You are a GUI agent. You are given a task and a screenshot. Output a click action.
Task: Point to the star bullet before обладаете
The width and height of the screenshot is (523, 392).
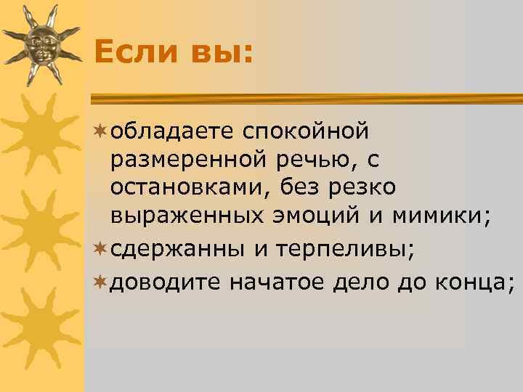[x=100, y=131]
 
